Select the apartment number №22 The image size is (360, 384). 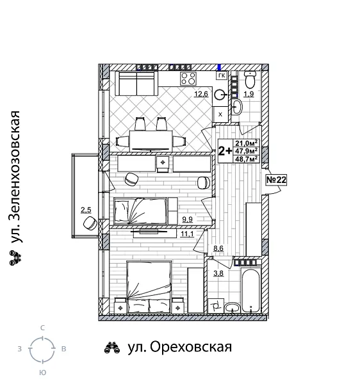(x=276, y=180)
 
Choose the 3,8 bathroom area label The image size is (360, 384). (x=218, y=273)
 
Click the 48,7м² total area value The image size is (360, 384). (x=246, y=159)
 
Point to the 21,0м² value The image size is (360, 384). (x=246, y=143)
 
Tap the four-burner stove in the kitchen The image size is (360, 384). (x=188, y=79)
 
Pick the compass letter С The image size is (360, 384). (x=42, y=328)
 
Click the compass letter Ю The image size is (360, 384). (x=42, y=372)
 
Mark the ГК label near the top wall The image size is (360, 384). (x=222, y=76)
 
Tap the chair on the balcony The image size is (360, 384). (x=90, y=223)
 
